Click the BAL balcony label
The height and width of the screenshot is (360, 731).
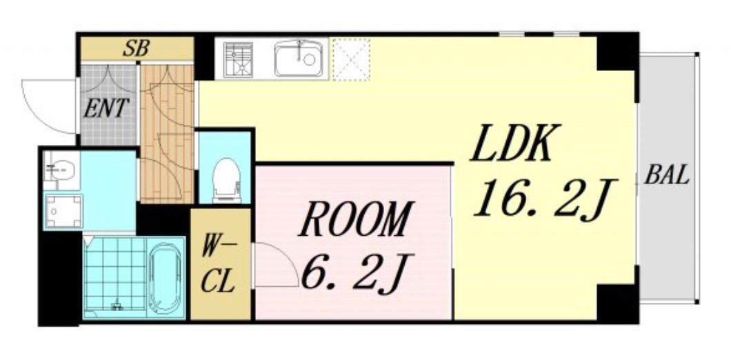click(667, 177)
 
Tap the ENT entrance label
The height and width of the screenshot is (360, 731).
click(106, 109)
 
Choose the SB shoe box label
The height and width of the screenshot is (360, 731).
click(136, 48)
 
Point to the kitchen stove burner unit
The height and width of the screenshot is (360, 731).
click(238, 59)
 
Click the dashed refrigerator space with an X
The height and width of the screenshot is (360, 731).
click(352, 59)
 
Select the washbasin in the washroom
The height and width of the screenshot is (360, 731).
click(61, 170)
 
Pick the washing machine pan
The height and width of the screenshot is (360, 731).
click(64, 211)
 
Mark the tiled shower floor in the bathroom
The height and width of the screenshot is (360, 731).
click(115, 277)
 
